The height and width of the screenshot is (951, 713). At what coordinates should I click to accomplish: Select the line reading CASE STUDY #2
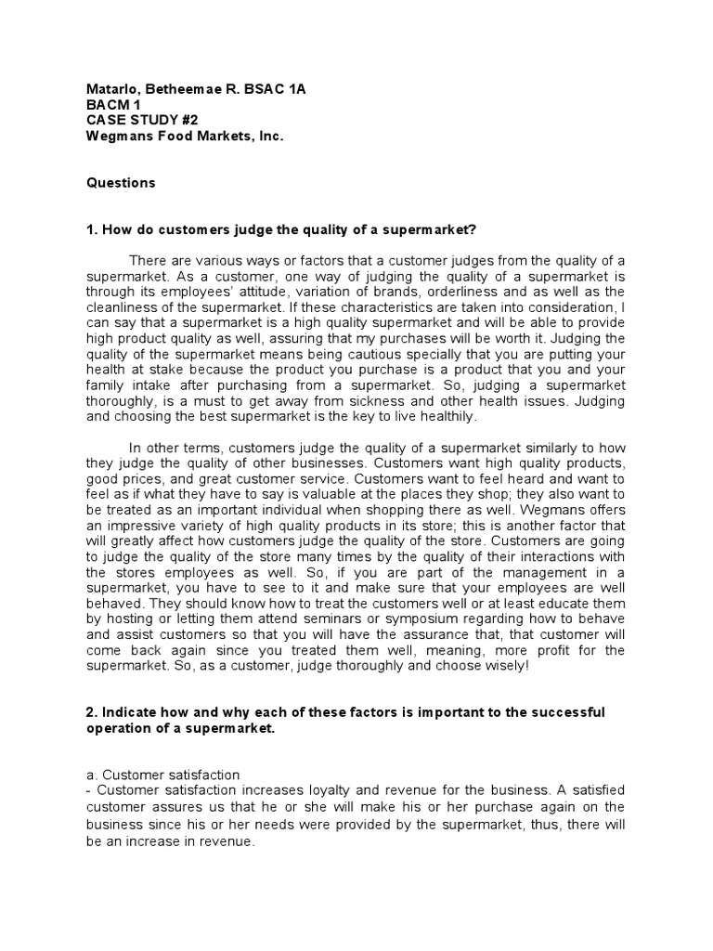point(142,121)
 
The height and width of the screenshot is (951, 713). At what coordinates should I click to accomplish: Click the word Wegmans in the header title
point(117,137)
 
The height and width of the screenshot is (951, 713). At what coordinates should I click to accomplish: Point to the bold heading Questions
point(121,183)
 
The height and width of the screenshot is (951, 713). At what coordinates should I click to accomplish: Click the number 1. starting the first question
point(92,229)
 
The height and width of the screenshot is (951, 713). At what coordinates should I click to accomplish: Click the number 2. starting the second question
point(92,712)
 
